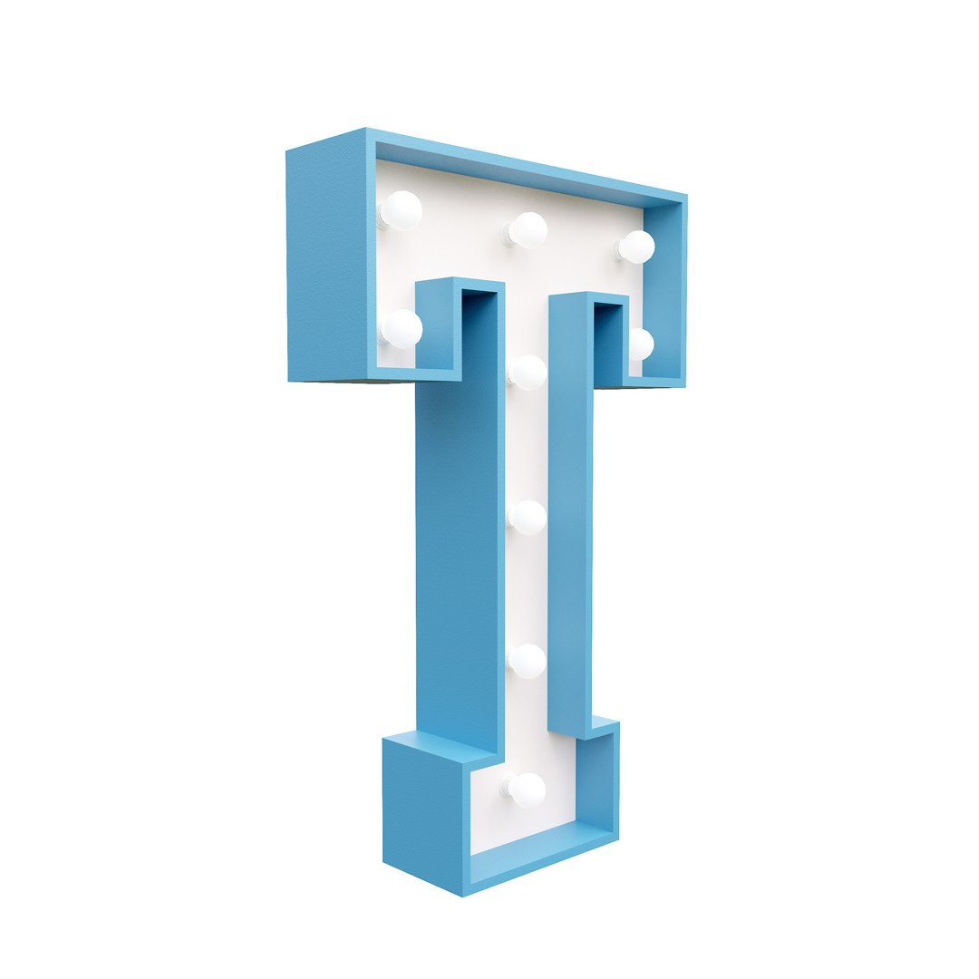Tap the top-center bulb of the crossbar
pyautogui.click(x=527, y=229)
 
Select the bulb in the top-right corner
pyautogui.click(x=635, y=247)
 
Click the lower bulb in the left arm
pyautogui.click(x=402, y=328)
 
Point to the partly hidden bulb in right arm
pyautogui.click(x=640, y=344)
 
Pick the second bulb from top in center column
pyautogui.click(x=527, y=372)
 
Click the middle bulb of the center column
pyautogui.click(x=527, y=517)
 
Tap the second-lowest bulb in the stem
pyautogui.click(x=527, y=661)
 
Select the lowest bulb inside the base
pyautogui.click(x=527, y=790)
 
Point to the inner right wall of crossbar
pyautogui.click(x=664, y=290)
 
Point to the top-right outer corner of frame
pyautogui.click(x=685, y=196)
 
